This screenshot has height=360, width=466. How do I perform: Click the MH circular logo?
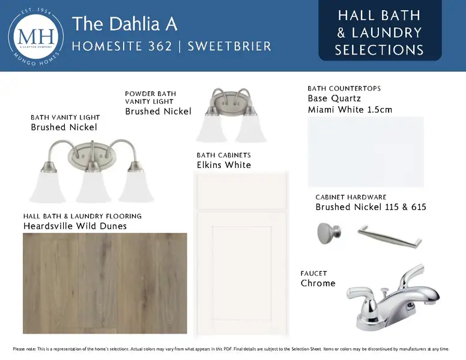point(36,37)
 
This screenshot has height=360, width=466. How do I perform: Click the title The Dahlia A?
point(124,24)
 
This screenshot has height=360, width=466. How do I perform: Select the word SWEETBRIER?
point(229,46)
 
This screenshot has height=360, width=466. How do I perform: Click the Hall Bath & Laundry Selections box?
point(380,30)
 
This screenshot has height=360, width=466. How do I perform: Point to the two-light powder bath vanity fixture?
point(231,115)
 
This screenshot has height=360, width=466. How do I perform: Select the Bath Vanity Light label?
point(65,118)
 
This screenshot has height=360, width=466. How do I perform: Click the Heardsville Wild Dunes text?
point(75,226)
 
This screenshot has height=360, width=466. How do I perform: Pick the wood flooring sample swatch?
point(105,283)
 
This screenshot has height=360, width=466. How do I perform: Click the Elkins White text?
point(224,165)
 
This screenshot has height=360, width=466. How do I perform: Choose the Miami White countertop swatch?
point(366,152)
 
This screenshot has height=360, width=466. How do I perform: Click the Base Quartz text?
point(334,98)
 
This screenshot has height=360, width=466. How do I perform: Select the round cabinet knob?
point(328,233)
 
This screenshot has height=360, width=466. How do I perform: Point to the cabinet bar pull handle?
point(390,236)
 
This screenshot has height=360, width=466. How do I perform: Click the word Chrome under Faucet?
point(318,283)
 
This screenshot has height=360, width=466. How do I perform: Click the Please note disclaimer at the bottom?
point(231,349)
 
